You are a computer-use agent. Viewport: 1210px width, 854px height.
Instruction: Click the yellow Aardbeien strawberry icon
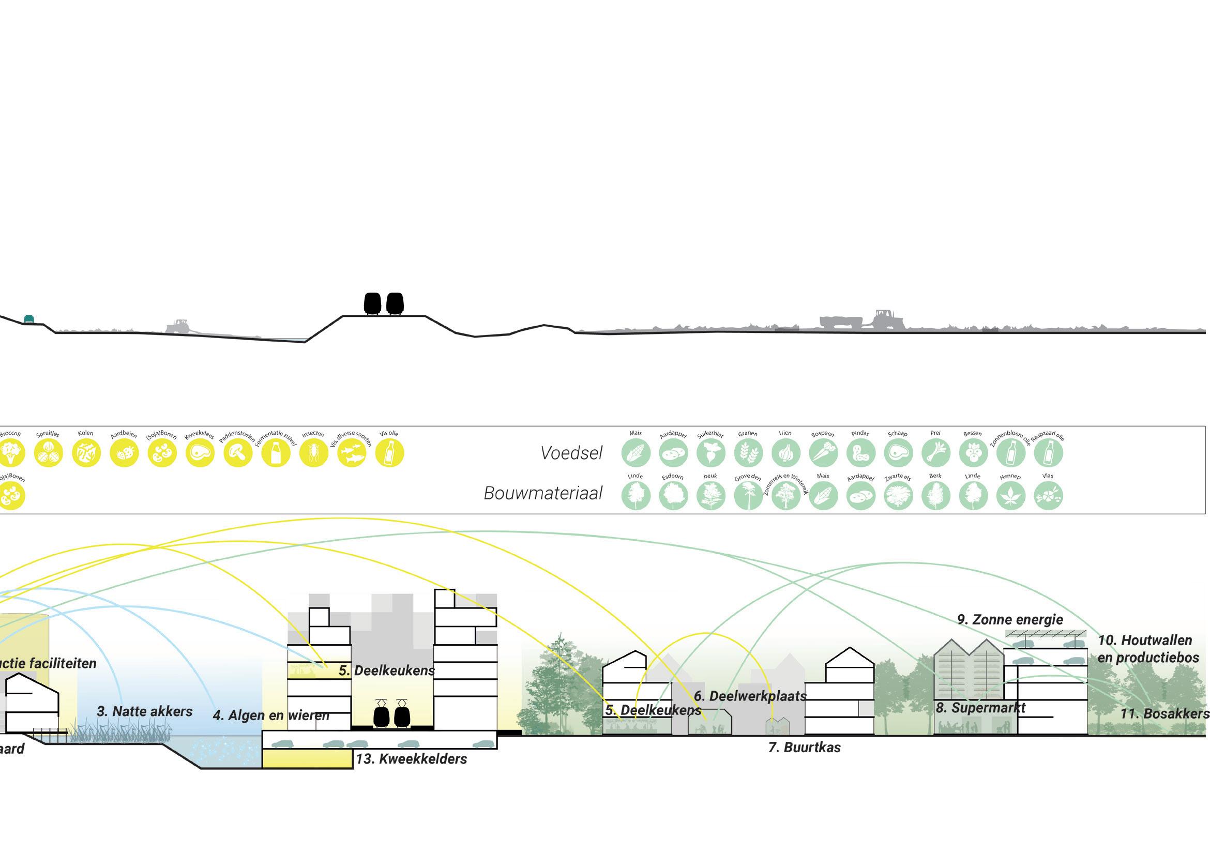(125, 452)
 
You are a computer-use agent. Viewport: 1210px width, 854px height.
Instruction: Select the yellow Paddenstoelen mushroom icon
(238, 452)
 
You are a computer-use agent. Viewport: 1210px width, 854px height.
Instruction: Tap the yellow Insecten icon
(313, 452)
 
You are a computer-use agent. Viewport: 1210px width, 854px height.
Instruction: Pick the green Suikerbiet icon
(710, 452)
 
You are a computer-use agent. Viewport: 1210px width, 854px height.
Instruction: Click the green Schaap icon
(898, 452)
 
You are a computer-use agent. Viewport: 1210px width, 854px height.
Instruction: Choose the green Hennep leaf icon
(1010, 496)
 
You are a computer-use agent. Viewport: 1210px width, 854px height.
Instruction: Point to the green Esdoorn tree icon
(673, 496)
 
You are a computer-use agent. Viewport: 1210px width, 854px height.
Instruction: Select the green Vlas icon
(1048, 496)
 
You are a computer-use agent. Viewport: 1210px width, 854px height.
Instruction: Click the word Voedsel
(571, 453)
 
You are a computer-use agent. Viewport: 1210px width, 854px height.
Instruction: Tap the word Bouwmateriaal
(543, 493)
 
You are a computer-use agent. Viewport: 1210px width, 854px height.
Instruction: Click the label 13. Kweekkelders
(412, 759)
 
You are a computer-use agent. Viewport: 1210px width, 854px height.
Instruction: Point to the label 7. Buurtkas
(804, 747)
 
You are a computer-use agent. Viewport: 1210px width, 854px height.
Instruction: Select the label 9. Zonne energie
(1010, 619)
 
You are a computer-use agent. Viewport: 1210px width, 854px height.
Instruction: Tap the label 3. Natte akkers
(145, 711)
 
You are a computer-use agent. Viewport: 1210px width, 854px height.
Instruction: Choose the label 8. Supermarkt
(981, 708)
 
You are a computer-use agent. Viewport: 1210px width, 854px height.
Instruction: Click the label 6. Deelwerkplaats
(750, 696)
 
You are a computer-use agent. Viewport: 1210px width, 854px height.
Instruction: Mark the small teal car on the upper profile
(29, 319)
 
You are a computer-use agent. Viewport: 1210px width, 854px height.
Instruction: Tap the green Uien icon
(786, 452)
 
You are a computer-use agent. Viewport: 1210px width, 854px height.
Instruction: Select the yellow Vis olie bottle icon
(389, 452)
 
